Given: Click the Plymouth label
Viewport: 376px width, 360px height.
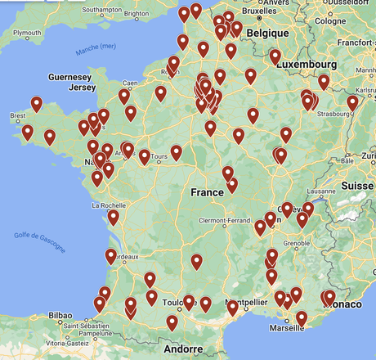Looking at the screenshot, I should coord(27,32).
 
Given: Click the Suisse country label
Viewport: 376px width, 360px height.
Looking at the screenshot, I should coord(357,186).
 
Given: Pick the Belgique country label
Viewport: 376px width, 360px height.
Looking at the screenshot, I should coord(268,33).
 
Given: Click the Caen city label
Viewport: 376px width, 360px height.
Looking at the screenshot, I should coord(130,83).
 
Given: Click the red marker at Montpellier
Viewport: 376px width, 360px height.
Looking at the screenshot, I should coord(232,308).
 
